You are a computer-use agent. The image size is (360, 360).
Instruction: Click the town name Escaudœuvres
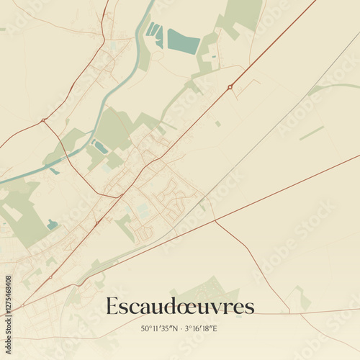(180, 306)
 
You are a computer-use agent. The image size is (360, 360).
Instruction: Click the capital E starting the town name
(112, 306)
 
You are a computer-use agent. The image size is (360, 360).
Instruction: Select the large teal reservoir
(183, 40)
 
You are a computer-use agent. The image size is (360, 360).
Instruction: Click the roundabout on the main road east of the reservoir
(230, 87)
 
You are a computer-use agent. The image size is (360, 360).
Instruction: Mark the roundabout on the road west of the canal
(44, 120)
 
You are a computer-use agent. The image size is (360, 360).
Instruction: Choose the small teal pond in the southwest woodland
(52, 225)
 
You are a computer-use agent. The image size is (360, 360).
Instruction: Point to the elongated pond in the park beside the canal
(100, 147)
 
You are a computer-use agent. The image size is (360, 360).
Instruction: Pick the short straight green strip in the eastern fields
(312, 133)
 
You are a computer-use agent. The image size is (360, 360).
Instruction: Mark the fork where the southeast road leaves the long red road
(214, 221)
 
